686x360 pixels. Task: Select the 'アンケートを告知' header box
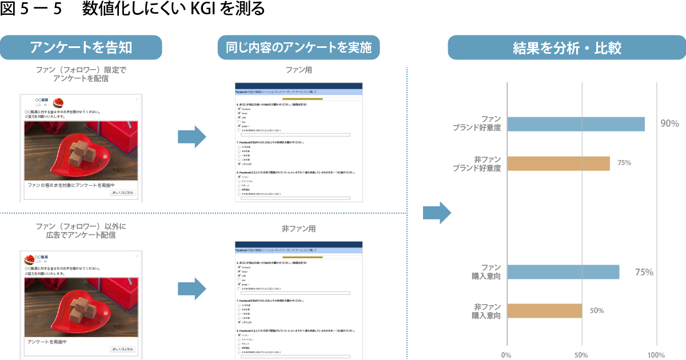click(81, 47)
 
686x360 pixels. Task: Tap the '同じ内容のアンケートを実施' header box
click(298, 47)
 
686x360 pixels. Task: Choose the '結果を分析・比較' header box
click(567, 47)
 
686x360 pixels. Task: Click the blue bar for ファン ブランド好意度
click(576, 124)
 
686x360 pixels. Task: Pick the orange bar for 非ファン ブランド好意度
click(558, 163)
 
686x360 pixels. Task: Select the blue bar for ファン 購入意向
click(563, 272)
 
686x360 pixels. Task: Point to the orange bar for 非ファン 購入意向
click(544, 311)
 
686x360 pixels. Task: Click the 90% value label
click(669, 124)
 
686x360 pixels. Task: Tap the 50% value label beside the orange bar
click(597, 311)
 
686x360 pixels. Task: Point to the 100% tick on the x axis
click(656, 355)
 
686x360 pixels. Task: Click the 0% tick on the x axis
click(506, 355)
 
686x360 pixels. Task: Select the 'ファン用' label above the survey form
click(298, 70)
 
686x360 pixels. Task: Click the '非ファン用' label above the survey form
click(298, 229)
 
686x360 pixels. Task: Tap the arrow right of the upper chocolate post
click(192, 137)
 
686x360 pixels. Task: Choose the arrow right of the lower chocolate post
click(192, 289)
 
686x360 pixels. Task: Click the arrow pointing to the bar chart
click(437, 213)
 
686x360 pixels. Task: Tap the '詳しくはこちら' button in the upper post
click(122, 193)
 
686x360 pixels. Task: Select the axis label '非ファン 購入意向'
click(486, 311)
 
